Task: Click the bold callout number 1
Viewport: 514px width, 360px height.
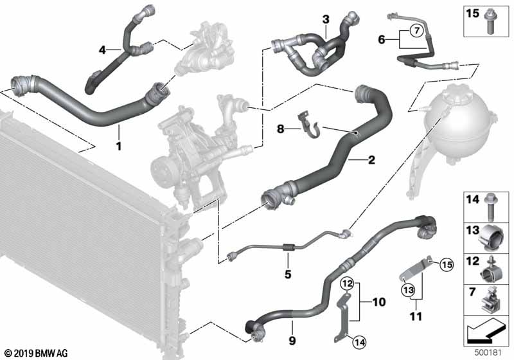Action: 119,146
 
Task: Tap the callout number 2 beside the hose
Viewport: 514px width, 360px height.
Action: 371,160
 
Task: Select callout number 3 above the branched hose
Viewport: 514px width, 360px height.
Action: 326,19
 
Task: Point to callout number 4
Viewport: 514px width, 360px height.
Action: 103,50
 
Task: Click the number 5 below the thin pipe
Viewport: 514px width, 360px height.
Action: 288,274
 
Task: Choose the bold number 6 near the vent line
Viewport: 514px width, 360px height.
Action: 382,40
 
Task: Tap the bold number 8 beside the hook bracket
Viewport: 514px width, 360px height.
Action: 281,129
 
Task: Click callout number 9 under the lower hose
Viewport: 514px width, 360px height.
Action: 292,341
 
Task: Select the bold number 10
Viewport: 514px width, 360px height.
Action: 379,302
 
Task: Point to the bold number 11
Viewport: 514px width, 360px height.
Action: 416,317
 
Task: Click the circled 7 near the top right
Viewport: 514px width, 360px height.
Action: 416,31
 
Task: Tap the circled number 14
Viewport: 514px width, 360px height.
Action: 359,343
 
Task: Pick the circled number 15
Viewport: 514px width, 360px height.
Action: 447,264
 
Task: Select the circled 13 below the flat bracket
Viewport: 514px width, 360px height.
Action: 409,290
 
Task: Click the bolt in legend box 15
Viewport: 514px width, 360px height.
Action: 489,22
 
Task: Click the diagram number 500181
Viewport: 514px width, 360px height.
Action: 488,353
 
